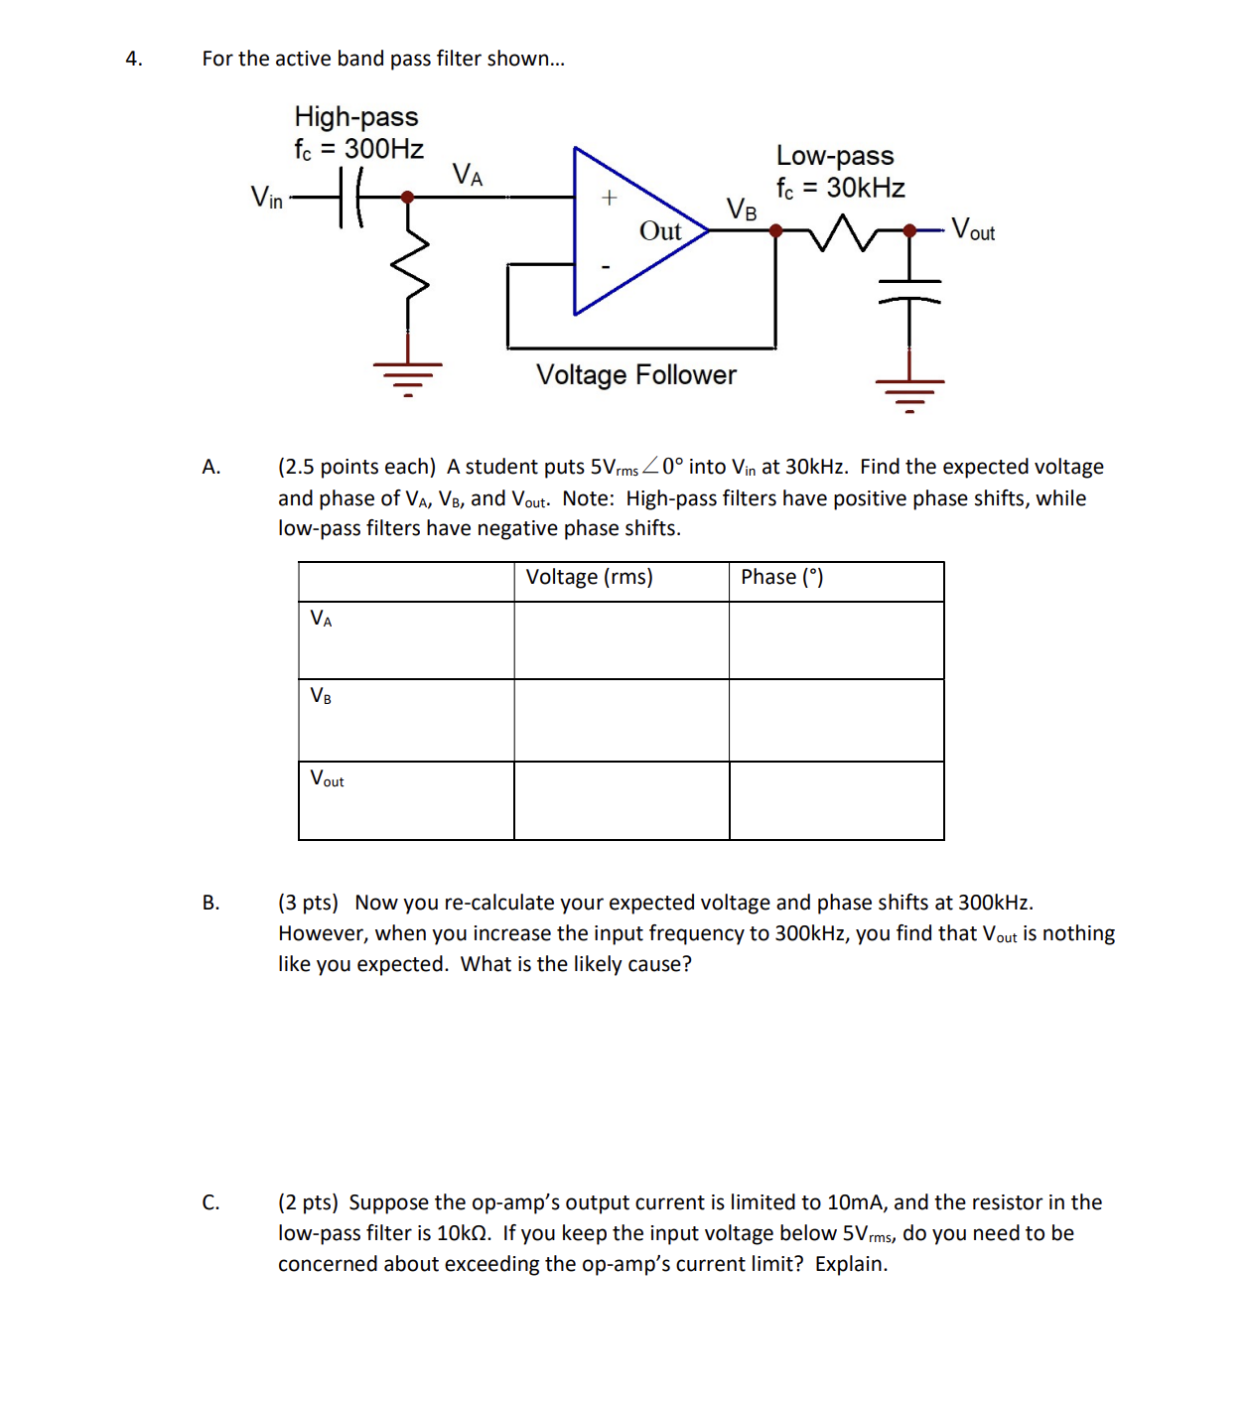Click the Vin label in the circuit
click(x=266, y=198)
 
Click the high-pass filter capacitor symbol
click(x=349, y=197)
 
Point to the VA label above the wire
click(x=467, y=176)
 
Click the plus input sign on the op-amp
click(x=609, y=198)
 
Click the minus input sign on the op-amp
click(x=606, y=266)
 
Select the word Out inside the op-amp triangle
click(x=660, y=231)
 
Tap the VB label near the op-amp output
click(x=741, y=210)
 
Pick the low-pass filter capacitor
click(x=909, y=291)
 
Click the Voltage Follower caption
click(x=635, y=375)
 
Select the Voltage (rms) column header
click(x=589, y=578)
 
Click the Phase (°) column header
click(x=781, y=578)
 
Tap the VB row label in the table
click(x=321, y=696)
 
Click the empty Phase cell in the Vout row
click(x=836, y=800)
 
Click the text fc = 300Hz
click(x=358, y=150)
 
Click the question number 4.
click(x=133, y=60)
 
